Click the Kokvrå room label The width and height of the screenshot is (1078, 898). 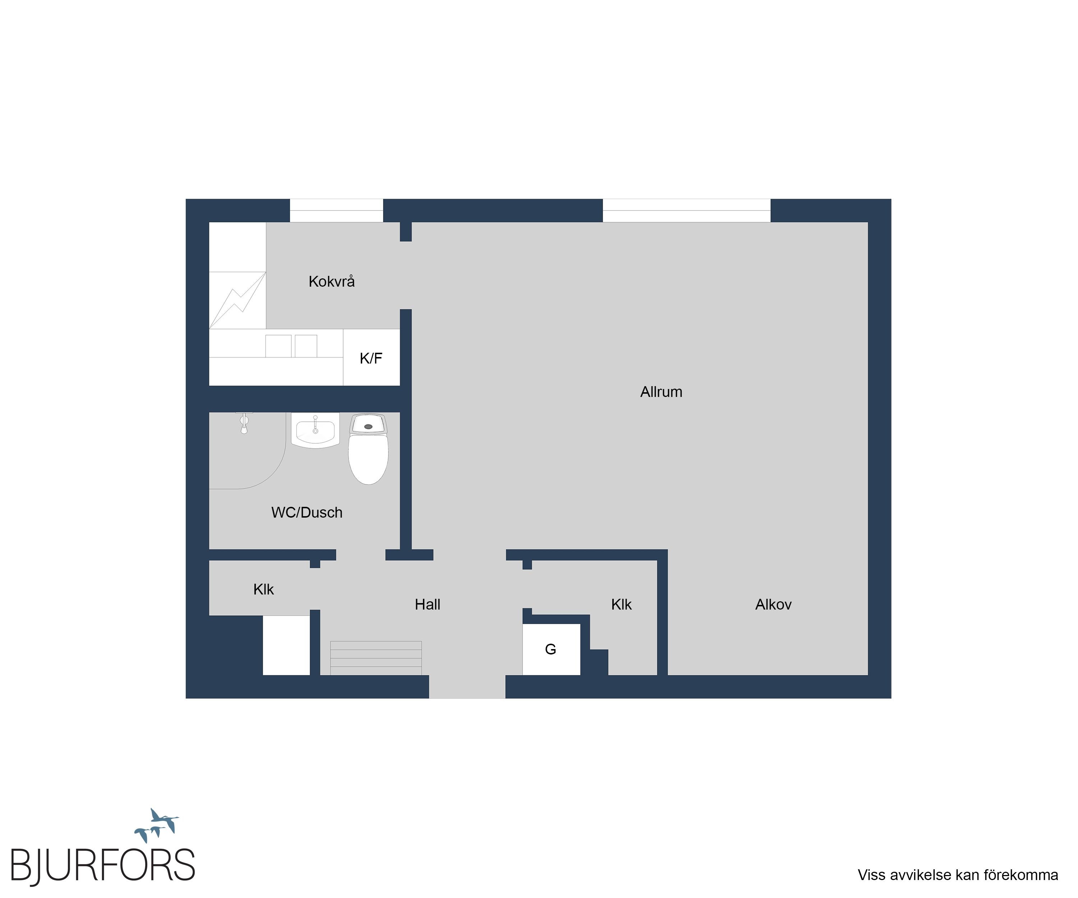click(x=332, y=281)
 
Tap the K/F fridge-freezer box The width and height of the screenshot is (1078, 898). click(x=371, y=357)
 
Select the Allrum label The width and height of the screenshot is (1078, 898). click(x=661, y=392)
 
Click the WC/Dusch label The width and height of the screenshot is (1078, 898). click(x=307, y=512)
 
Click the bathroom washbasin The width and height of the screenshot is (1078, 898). click(x=315, y=430)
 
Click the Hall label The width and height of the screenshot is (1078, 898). click(x=428, y=605)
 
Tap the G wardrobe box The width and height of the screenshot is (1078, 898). click(x=551, y=649)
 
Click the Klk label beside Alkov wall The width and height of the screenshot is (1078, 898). click(x=621, y=605)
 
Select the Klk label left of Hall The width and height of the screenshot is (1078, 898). click(x=263, y=589)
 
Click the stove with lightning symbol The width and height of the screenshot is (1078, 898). click(x=238, y=300)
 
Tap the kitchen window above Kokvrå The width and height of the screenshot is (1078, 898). click(x=336, y=210)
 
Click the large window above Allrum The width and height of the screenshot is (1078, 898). click(x=686, y=210)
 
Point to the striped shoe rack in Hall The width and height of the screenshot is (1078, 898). click(x=376, y=658)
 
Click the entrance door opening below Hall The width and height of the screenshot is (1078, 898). click(x=467, y=686)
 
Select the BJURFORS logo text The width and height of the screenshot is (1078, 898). click(x=103, y=866)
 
